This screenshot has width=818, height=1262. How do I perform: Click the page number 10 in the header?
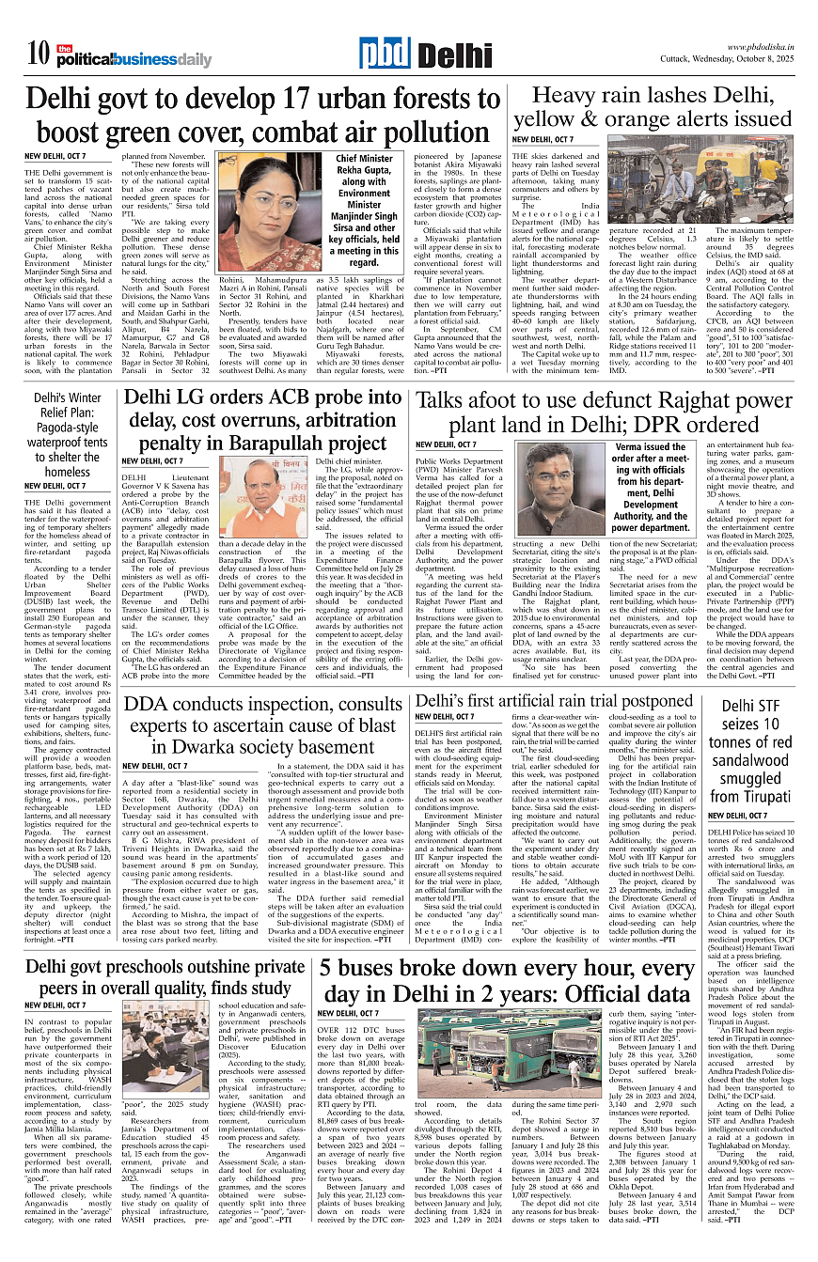[x=38, y=55]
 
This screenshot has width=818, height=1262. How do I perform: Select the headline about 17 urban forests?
[x=251, y=114]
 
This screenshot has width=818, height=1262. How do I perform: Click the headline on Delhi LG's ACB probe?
[x=261, y=419]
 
